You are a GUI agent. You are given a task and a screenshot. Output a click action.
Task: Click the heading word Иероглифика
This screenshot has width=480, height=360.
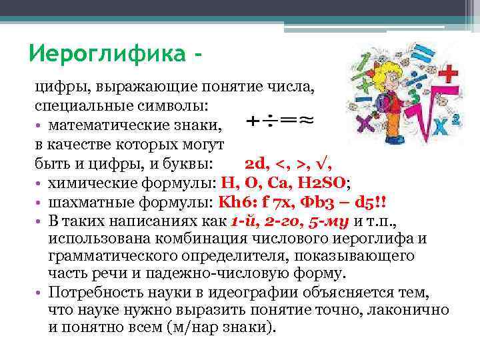(x=107, y=53)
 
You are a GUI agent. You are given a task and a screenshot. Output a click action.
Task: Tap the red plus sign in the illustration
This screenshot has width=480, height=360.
(x=450, y=73)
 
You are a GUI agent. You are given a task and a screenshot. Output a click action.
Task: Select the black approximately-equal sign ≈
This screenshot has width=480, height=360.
(x=306, y=121)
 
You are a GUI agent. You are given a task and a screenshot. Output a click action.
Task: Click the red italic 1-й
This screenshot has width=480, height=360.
(x=242, y=221)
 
